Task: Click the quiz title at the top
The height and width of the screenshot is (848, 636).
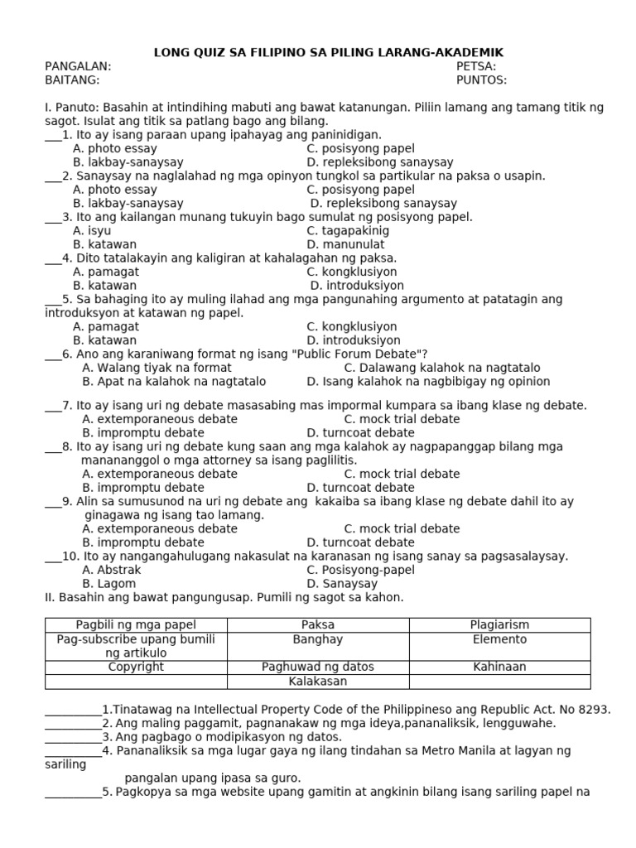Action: pyautogui.click(x=328, y=53)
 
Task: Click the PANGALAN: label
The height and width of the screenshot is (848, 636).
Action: pyautogui.click(x=78, y=66)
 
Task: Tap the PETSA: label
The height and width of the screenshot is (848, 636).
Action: pyautogui.click(x=476, y=66)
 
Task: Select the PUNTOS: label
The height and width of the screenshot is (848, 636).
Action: pyautogui.click(x=481, y=80)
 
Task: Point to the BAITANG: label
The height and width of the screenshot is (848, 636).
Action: pyautogui.click(x=72, y=80)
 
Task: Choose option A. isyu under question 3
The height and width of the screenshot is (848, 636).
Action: pyautogui.click(x=92, y=231)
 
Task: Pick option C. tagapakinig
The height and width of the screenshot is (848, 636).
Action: pyautogui.click(x=347, y=231)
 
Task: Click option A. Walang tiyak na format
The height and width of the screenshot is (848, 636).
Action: pyautogui.click(x=157, y=368)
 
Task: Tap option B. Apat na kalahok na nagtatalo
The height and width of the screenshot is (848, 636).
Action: pyautogui.click(x=174, y=382)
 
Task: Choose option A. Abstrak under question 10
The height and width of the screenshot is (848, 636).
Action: pyautogui.click(x=112, y=570)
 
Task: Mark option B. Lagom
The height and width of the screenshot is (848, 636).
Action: pyautogui.click(x=109, y=584)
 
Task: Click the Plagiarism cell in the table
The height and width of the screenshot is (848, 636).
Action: pyautogui.click(x=499, y=625)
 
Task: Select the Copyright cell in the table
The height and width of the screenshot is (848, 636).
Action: pyautogui.click(x=136, y=667)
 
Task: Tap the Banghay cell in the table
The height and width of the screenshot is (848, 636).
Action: pyautogui.click(x=318, y=640)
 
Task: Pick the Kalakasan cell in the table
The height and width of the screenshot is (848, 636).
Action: pyautogui.click(x=318, y=682)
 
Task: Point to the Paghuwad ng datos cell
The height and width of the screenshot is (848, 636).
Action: pyautogui.click(x=318, y=667)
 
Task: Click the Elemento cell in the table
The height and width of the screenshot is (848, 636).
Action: pyautogui.click(x=499, y=640)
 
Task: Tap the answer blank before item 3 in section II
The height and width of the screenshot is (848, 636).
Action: pyautogui.click(x=73, y=737)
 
